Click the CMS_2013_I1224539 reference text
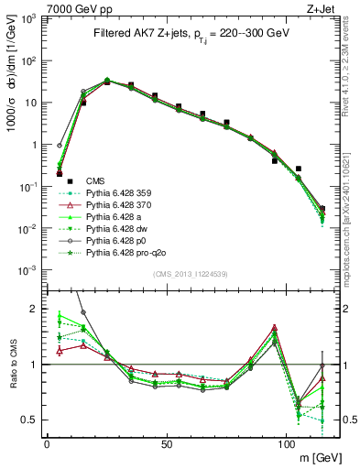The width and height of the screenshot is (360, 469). (x=191, y=274)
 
